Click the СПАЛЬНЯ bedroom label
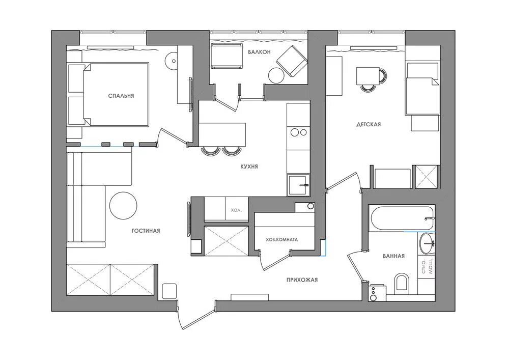pos(121,96)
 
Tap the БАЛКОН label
pos(259,52)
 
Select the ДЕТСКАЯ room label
pos(369,124)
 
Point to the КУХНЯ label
pos(249,167)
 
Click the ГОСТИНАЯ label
pos(146,231)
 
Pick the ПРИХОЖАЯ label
pos(302,280)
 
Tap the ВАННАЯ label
pos(394,256)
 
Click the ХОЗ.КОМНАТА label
pos(282,239)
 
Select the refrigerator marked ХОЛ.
pos(237,209)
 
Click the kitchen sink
pos(298,185)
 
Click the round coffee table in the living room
pos(123,206)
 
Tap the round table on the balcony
pos(275,76)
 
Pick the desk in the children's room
pos(368,76)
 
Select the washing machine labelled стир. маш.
pos(427,266)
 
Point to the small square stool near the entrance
pos(169,291)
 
